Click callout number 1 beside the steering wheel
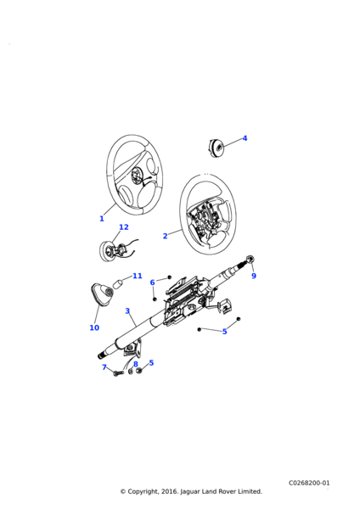(x=102, y=219)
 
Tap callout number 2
(x=165, y=236)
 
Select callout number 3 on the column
(x=127, y=311)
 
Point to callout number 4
(x=245, y=138)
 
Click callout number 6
(x=152, y=282)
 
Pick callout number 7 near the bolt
(x=104, y=367)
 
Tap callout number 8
(x=136, y=364)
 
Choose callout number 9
(x=254, y=276)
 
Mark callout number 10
(x=94, y=327)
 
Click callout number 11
(x=138, y=276)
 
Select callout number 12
(x=124, y=227)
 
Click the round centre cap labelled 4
(x=216, y=148)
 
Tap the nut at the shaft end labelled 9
(x=250, y=259)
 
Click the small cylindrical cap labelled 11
(x=118, y=282)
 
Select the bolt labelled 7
(x=118, y=373)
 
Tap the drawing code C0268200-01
(x=309, y=483)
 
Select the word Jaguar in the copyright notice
(x=190, y=492)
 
